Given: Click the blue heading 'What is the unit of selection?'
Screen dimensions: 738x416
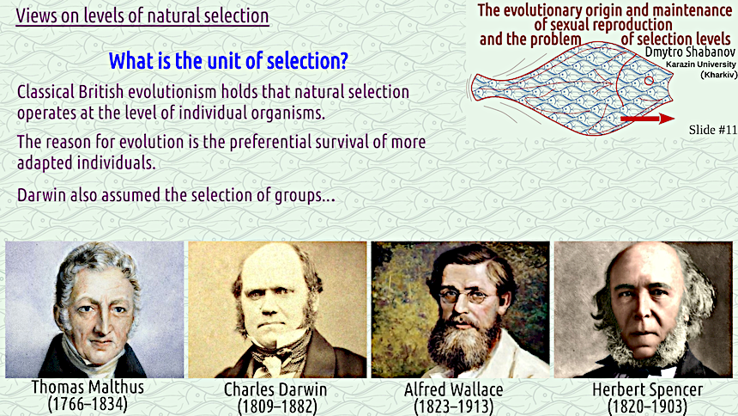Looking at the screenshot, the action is click(228, 61).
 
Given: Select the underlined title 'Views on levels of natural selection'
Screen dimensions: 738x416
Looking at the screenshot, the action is click(142, 15).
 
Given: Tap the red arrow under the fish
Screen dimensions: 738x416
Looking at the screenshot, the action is click(648, 119).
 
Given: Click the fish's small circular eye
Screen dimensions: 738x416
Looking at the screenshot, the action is click(649, 81).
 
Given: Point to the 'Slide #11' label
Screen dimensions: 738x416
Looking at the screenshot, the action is click(712, 130).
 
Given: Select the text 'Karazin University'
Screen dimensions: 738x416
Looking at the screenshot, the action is click(701, 64).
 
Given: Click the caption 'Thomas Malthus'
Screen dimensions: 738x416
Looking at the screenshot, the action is click(88, 388).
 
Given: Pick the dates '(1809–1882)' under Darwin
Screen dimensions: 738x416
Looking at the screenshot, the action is click(277, 406).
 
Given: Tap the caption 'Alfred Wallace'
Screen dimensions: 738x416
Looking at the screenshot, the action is click(454, 390).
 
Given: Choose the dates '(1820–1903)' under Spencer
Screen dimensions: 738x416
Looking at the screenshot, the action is click(647, 406).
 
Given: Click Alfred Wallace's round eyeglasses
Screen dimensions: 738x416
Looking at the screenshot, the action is click(463, 297).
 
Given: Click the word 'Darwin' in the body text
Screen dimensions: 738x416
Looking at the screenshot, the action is click(41, 195).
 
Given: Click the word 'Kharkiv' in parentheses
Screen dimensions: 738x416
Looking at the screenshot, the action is click(719, 75).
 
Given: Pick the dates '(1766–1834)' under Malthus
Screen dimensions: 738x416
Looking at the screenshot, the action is click(88, 404).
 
